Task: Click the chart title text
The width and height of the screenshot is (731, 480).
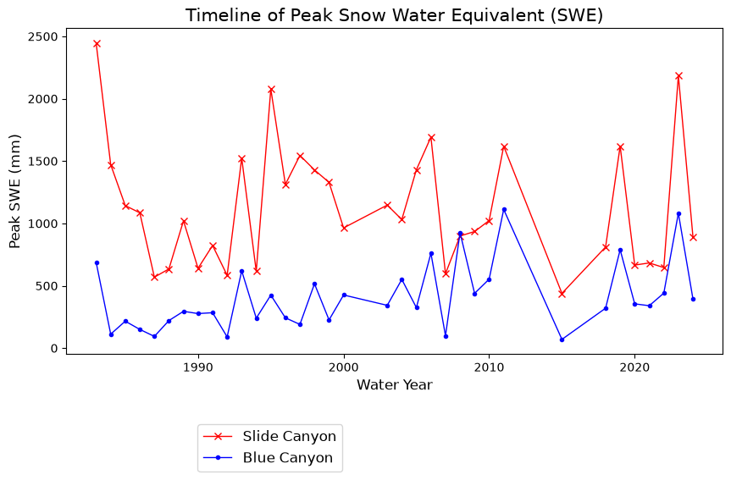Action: click(394, 15)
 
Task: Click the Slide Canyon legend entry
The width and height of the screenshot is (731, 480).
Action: click(270, 436)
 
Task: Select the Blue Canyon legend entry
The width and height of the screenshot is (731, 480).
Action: click(268, 458)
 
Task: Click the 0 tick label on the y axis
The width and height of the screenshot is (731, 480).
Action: click(55, 349)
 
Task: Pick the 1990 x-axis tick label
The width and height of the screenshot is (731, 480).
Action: click(198, 367)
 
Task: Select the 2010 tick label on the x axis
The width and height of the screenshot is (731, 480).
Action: click(489, 367)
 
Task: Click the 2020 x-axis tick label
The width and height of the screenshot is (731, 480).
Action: click(634, 367)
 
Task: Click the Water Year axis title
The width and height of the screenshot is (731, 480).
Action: click(395, 385)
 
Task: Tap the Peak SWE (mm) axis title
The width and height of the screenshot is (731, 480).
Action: click(15, 191)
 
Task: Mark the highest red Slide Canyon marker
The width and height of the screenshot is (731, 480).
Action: click(97, 44)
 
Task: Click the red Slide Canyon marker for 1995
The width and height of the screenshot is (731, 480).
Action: click(271, 90)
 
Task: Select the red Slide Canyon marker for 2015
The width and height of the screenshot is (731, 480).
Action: click(562, 294)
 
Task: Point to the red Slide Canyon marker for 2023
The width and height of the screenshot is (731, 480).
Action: click(678, 76)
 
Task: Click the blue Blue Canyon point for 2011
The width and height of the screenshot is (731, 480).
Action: click(504, 210)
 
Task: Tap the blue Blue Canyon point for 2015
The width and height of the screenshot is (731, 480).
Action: click(562, 339)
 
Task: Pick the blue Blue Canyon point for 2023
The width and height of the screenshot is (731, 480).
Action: click(678, 214)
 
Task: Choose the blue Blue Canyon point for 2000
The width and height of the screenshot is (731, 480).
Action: click(344, 295)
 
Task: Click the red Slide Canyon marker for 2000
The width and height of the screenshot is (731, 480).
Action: click(344, 228)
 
